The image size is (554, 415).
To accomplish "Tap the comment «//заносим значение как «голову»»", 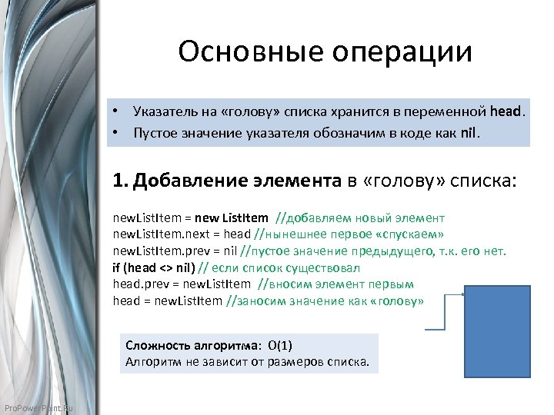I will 325,302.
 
